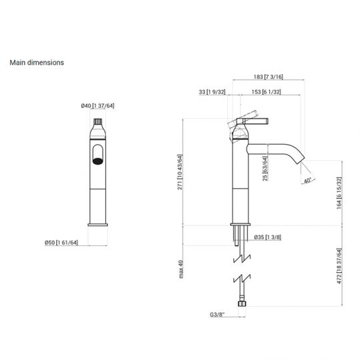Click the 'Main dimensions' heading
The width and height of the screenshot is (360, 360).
tap(37, 63)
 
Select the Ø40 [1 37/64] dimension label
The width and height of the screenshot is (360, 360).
tap(97, 105)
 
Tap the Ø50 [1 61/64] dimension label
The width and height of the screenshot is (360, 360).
tap(61, 243)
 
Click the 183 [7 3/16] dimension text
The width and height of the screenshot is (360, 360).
tap(269, 77)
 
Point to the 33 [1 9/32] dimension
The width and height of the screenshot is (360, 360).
tap(212, 92)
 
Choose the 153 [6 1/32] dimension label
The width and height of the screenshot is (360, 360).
tap(266, 92)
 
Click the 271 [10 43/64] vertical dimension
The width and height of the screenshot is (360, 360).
tap(180, 172)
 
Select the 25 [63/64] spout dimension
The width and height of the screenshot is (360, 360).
tap(265, 169)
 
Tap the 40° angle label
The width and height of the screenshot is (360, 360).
tap(307, 181)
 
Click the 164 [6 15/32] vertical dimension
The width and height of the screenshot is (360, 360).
tap(339, 193)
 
